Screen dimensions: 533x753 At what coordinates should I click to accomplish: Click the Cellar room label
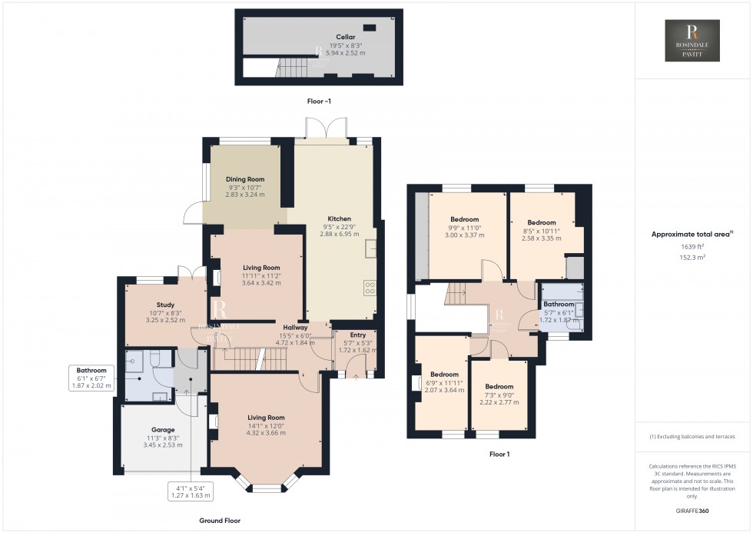click(345, 36)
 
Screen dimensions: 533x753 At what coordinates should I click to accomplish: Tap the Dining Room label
click(244, 179)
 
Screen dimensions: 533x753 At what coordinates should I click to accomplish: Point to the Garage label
click(162, 430)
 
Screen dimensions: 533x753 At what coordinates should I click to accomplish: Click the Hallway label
click(295, 327)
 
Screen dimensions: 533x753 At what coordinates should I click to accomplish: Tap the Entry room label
click(358, 335)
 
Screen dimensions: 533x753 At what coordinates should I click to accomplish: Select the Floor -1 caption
click(317, 101)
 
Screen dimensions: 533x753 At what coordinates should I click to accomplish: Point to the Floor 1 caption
click(499, 455)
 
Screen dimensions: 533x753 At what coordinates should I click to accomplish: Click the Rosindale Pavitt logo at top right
click(692, 41)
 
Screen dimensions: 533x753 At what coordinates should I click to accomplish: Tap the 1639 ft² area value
click(692, 246)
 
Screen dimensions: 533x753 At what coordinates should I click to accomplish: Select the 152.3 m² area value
click(692, 258)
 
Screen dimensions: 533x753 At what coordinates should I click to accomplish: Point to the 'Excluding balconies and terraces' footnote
click(692, 437)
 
